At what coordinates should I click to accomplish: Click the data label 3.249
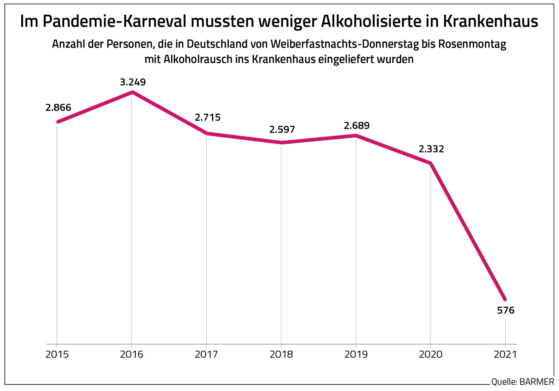(133, 82)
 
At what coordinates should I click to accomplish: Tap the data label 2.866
(58, 107)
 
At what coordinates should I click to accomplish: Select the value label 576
(506, 311)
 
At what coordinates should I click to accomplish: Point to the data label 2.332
(431, 149)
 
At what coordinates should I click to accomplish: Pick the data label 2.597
(282, 129)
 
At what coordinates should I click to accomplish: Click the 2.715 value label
(208, 117)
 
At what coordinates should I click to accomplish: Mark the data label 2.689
(357, 126)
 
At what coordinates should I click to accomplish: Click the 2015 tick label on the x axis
(57, 354)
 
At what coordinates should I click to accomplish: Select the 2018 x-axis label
(281, 354)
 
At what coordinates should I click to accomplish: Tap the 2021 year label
(505, 354)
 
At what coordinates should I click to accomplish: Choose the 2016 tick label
(132, 354)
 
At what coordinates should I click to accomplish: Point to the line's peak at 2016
(132, 92)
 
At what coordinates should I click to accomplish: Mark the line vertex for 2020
(431, 163)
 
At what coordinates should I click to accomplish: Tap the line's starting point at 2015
(58, 122)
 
